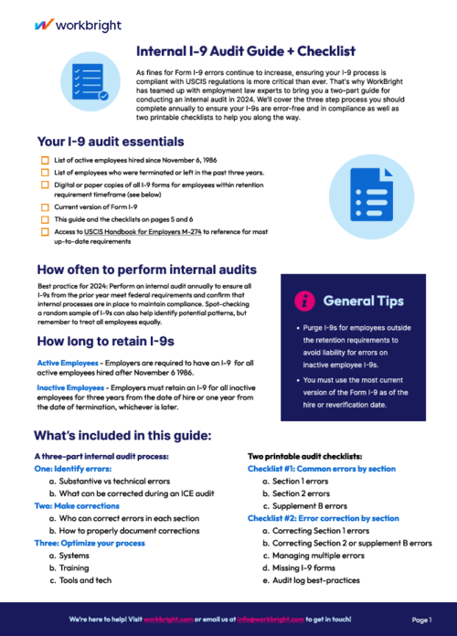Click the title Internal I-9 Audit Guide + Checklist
pyautogui.click(x=245, y=51)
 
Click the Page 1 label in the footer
pyautogui.click(x=422, y=620)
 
